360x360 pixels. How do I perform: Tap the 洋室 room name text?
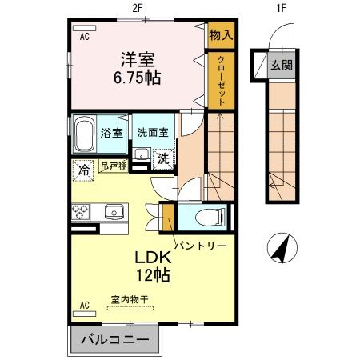tap(138, 59)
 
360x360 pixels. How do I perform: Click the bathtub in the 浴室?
tap(85, 135)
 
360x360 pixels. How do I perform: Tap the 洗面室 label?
tap(152, 133)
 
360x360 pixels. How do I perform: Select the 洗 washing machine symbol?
tap(162, 158)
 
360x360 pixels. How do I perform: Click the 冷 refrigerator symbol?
tap(83, 170)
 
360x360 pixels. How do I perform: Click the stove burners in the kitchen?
tap(82, 212)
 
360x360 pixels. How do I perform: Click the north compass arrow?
tap(281, 248)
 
